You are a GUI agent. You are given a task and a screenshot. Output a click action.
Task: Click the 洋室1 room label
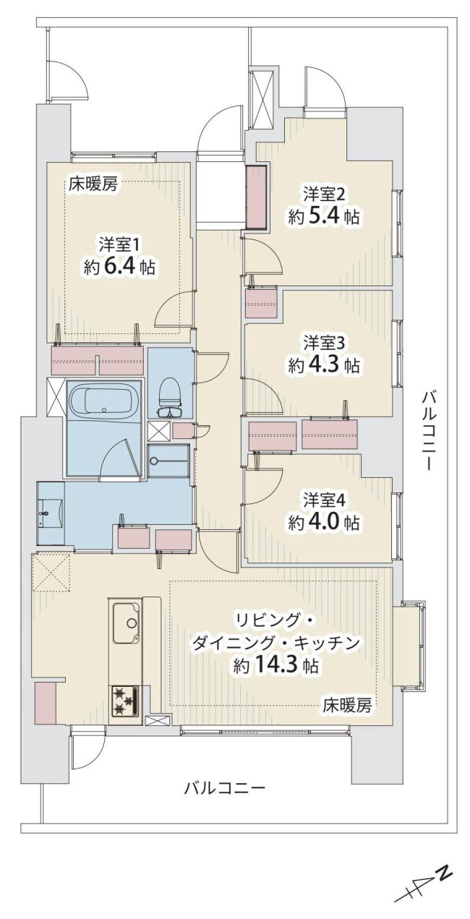point(119,245)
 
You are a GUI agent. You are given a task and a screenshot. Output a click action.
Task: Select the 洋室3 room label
point(325,343)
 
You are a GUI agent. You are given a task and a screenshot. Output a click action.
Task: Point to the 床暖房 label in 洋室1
point(93,184)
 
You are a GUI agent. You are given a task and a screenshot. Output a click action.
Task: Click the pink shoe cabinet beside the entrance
point(256,197)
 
